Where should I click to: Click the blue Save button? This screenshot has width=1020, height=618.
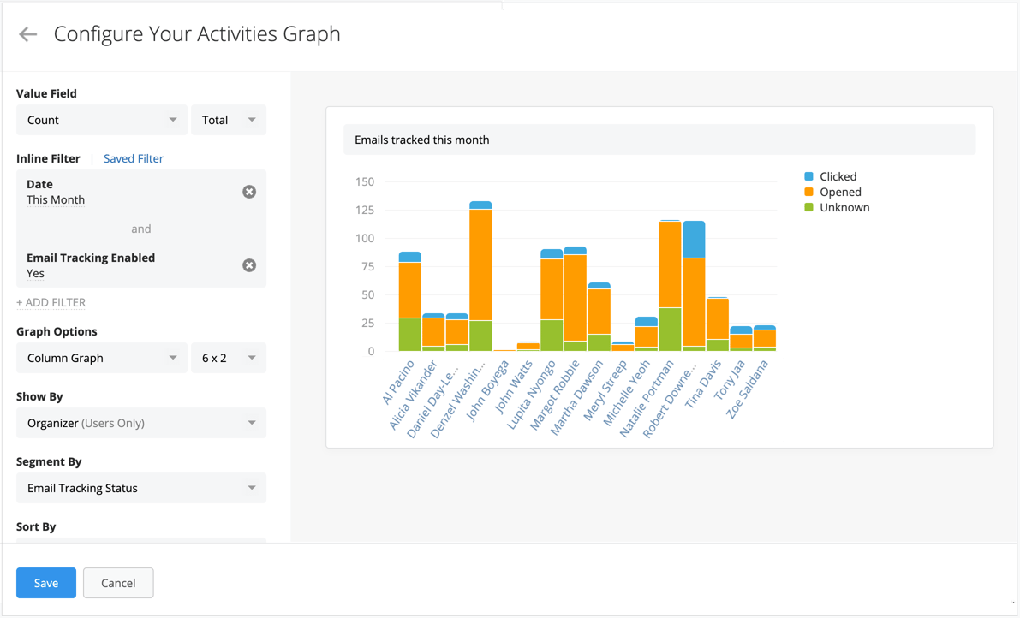pos(46,583)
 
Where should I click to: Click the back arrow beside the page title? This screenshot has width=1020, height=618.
pos(28,34)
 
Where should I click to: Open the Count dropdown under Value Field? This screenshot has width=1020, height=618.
pos(101,120)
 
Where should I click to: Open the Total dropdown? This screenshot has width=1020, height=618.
pos(228,120)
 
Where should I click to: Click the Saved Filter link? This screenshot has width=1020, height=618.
pos(134,158)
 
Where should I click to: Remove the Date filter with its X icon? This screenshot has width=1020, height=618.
pos(249,192)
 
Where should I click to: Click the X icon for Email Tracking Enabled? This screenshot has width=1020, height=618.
pos(249,265)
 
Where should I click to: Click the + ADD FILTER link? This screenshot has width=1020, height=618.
pos(51,302)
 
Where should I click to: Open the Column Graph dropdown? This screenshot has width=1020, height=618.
pos(101,358)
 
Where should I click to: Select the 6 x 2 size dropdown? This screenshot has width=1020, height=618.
pos(228,358)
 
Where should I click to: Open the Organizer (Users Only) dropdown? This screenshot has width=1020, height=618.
pos(140,423)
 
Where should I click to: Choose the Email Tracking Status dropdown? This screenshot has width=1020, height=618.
pos(140,488)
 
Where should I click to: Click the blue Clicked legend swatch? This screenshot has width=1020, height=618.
pos(808,176)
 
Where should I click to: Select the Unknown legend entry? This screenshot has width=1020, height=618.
pos(844,207)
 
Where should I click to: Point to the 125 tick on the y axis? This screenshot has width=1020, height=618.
pos(364,210)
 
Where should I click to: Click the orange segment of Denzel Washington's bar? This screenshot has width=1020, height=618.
pos(480,265)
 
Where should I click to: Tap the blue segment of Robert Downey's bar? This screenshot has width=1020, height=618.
pos(694,240)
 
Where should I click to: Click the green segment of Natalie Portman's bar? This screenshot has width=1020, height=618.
pos(670,330)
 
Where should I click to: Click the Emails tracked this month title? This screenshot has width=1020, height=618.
pos(422,140)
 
